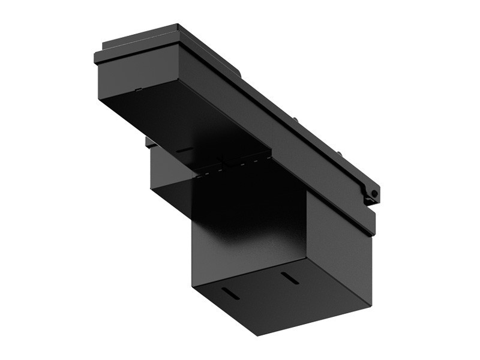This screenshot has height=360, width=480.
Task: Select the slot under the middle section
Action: pyautogui.click(x=184, y=151)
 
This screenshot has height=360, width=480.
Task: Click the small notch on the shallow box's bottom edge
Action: pyautogui.click(x=137, y=91)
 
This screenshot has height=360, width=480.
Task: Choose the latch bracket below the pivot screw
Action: pyautogui.click(x=367, y=203)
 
